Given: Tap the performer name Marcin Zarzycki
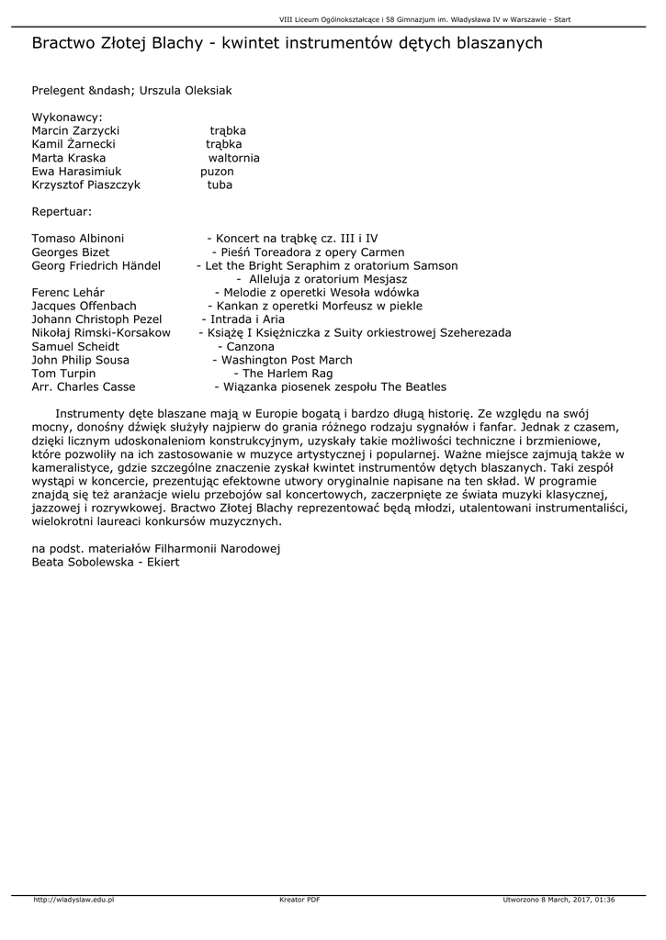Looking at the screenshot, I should tap(75, 131).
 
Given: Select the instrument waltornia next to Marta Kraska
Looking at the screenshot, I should tap(233, 158).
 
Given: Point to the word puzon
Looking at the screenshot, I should tap(217, 172).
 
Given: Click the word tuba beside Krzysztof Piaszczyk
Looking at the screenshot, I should tap(220, 185).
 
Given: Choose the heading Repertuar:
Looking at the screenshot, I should tap(62, 211).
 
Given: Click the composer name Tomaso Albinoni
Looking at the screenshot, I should tap(78, 239).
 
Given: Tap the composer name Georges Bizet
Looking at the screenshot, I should tap(71, 252).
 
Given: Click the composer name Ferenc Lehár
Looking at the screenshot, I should tap(68, 293).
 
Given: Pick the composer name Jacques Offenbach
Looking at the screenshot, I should tap(84, 306).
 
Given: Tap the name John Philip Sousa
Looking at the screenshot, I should tap(81, 361).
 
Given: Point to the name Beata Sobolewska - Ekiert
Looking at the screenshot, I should tap(106, 562).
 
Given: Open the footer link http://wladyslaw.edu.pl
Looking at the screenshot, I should tap(73, 900).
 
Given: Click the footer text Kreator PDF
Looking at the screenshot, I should tap(299, 900).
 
